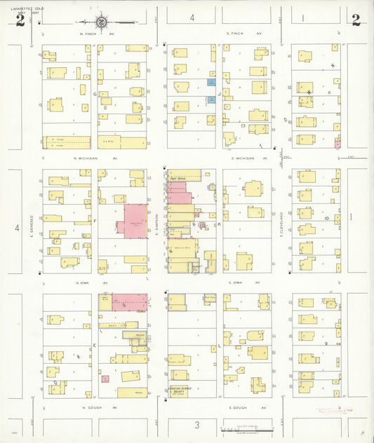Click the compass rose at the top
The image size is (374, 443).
(102, 22)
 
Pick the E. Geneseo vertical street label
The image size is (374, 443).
(32, 226)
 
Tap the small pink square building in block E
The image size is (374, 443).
(105, 379)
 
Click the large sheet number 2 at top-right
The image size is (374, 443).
(356, 20)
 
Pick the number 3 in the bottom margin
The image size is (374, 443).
(197, 425)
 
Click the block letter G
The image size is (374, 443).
(94, 93)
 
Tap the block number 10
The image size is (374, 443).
(326, 218)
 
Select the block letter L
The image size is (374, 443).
(219, 346)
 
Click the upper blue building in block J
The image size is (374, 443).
(211, 82)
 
